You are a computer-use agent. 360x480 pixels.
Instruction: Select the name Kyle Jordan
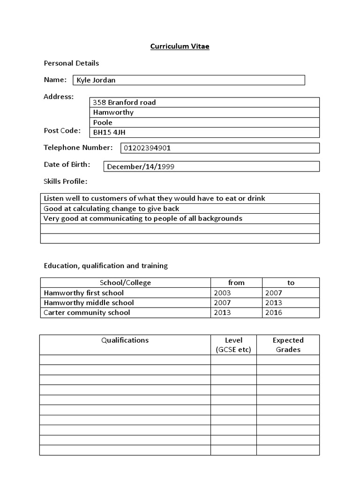click(x=97, y=80)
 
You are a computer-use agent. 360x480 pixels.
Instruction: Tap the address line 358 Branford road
click(x=124, y=102)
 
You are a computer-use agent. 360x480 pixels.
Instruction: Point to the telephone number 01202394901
click(x=147, y=148)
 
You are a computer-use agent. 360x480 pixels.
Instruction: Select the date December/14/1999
click(x=141, y=166)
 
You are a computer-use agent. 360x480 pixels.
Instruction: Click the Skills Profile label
click(x=65, y=181)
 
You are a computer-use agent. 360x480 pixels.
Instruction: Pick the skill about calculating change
click(x=112, y=209)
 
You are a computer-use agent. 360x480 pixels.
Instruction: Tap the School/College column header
click(x=125, y=283)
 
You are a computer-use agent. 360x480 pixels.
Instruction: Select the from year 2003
click(x=222, y=293)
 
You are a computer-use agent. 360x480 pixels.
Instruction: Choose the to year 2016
click(x=273, y=313)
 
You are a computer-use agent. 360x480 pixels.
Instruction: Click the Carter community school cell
click(x=87, y=313)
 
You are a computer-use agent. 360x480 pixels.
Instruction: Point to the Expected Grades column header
click(x=288, y=345)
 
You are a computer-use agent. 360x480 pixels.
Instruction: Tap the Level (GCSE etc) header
click(x=233, y=345)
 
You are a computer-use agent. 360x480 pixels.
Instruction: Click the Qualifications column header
click(x=125, y=340)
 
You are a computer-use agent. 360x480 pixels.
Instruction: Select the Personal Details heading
click(x=71, y=63)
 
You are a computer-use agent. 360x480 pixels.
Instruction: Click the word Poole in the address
click(x=103, y=122)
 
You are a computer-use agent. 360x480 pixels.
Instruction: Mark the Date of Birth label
click(x=67, y=165)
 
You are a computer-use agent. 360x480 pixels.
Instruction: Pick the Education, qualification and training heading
click(x=105, y=266)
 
